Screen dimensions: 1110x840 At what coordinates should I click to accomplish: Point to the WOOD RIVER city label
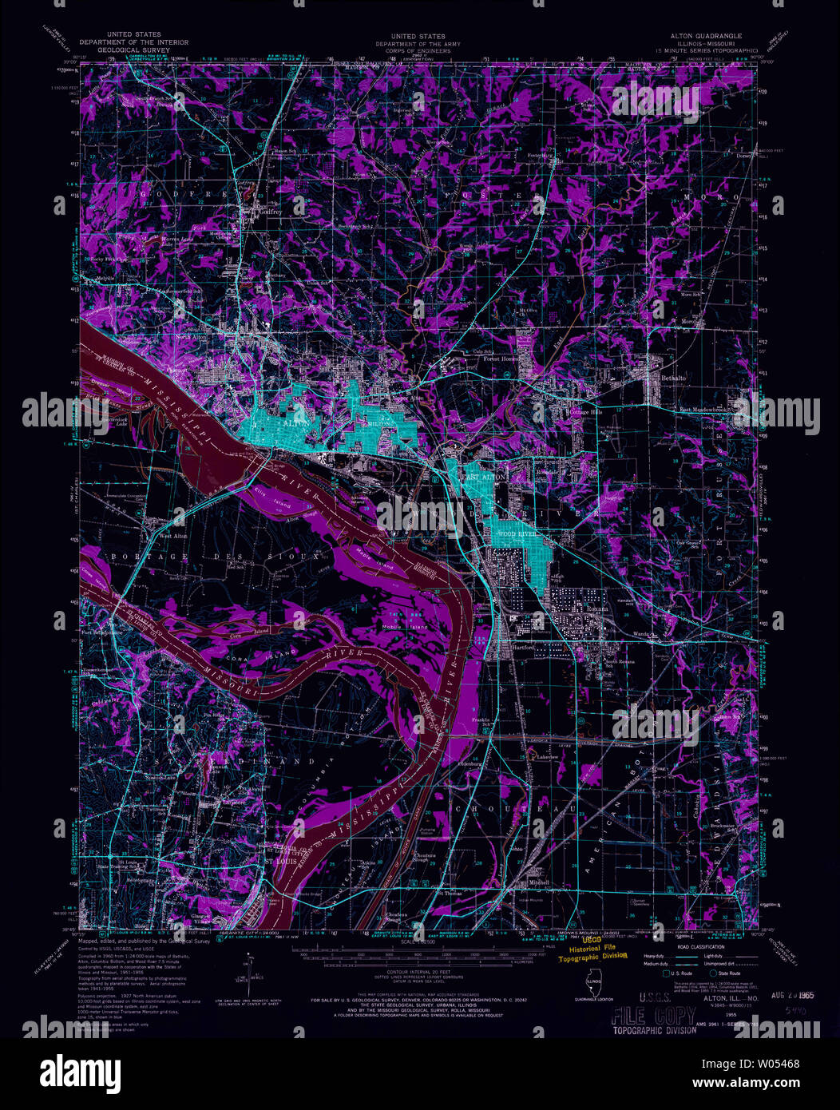pyautogui.click(x=516, y=532)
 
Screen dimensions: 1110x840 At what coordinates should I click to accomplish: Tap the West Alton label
pyautogui.click(x=173, y=536)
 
